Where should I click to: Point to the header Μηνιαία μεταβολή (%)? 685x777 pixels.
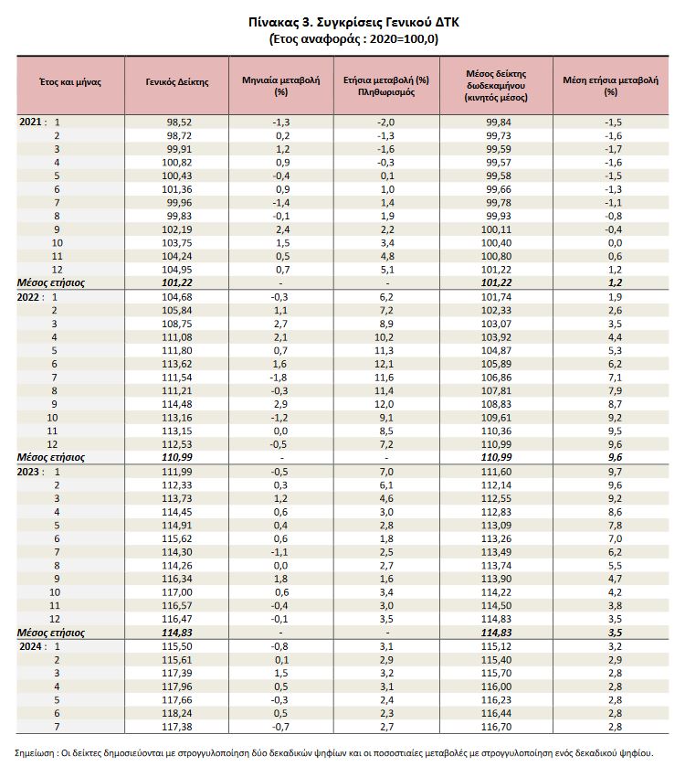(280, 86)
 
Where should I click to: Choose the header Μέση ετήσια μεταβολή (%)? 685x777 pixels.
(611, 86)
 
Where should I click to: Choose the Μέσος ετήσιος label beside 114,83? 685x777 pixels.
(52, 633)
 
